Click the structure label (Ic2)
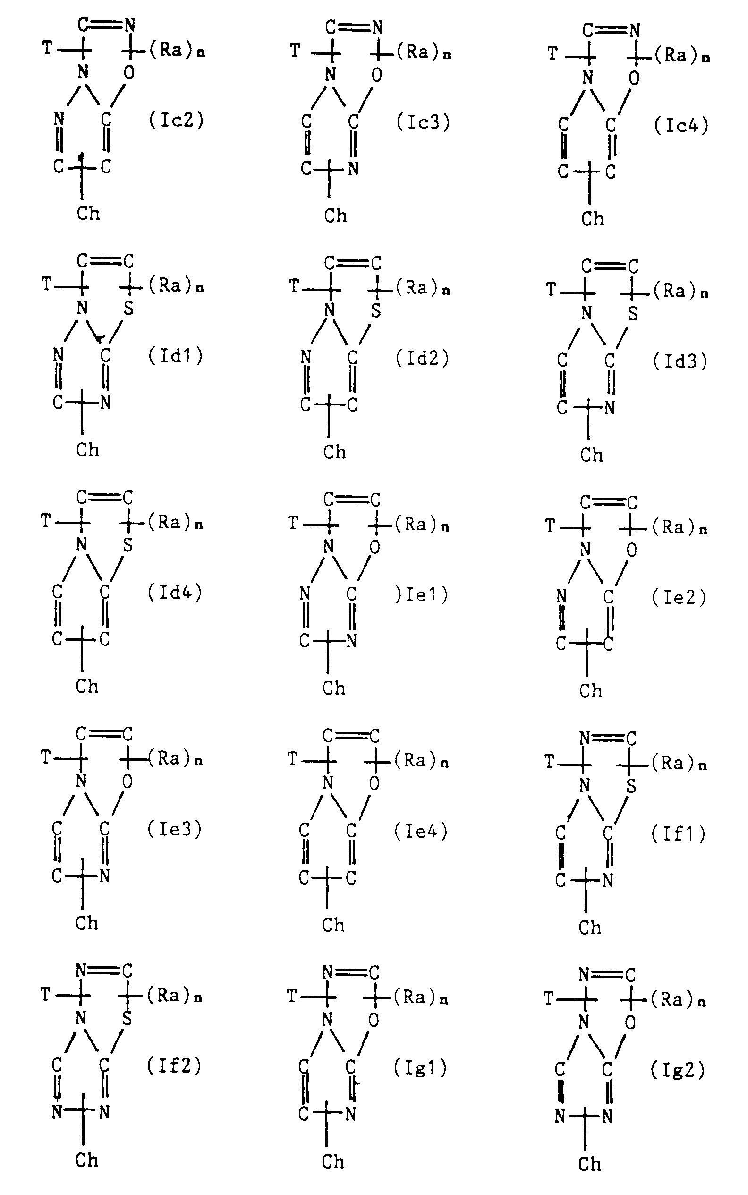(x=177, y=120)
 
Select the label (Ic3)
(x=424, y=122)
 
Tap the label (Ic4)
(x=681, y=126)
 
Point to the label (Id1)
(x=176, y=356)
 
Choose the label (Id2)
(x=423, y=358)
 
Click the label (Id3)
(x=680, y=361)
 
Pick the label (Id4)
(x=175, y=592)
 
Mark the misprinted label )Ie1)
(x=422, y=594)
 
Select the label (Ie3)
(x=175, y=829)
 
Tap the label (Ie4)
(x=421, y=831)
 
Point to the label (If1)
(x=678, y=834)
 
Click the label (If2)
(x=174, y=1066)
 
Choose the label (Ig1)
(x=420, y=1068)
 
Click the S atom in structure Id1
(x=128, y=309)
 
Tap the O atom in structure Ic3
(x=377, y=75)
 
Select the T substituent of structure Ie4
(x=293, y=758)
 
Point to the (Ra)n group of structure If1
(x=679, y=764)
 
